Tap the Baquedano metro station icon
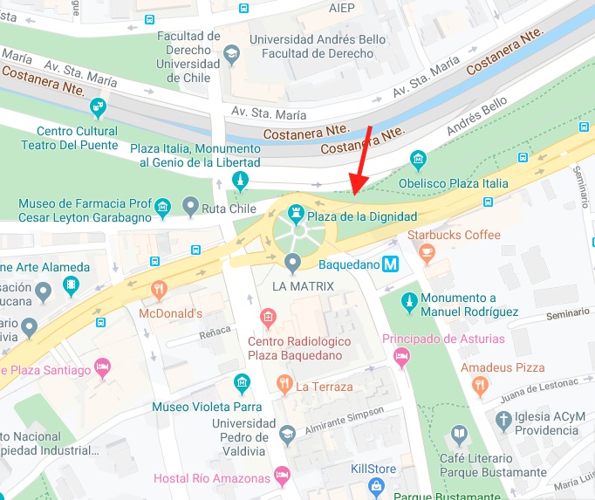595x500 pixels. (x=393, y=263)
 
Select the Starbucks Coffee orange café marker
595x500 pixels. (x=427, y=252)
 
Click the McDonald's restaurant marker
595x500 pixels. (x=158, y=289)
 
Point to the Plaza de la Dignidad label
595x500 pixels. (x=360, y=216)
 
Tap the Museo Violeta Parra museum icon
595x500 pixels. (x=242, y=383)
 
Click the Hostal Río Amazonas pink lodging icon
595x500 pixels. (x=281, y=476)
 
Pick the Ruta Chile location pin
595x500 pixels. (x=191, y=207)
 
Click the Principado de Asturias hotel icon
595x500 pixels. (x=401, y=356)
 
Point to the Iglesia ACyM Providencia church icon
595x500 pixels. (x=503, y=421)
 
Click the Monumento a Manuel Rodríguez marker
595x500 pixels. (x=408, y=302)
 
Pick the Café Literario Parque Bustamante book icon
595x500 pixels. (x=460, y=434)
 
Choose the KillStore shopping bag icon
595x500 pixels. (x=376, y=487)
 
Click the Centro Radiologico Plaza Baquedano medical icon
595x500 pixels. (x=269, y=316)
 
